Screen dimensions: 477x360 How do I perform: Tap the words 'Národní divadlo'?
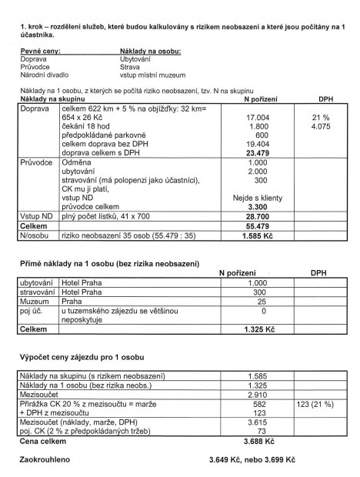point(47,75)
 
